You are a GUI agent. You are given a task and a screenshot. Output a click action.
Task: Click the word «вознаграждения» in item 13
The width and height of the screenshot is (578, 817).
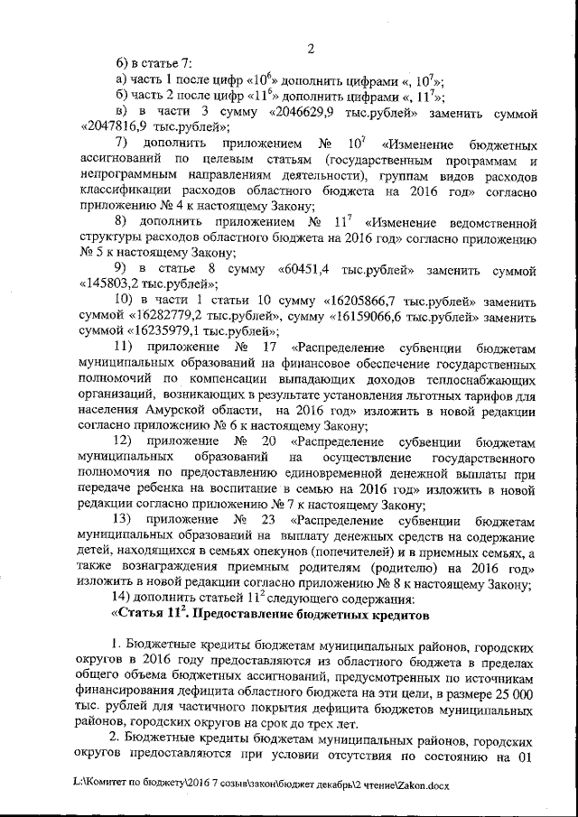[x=173, y=568]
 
